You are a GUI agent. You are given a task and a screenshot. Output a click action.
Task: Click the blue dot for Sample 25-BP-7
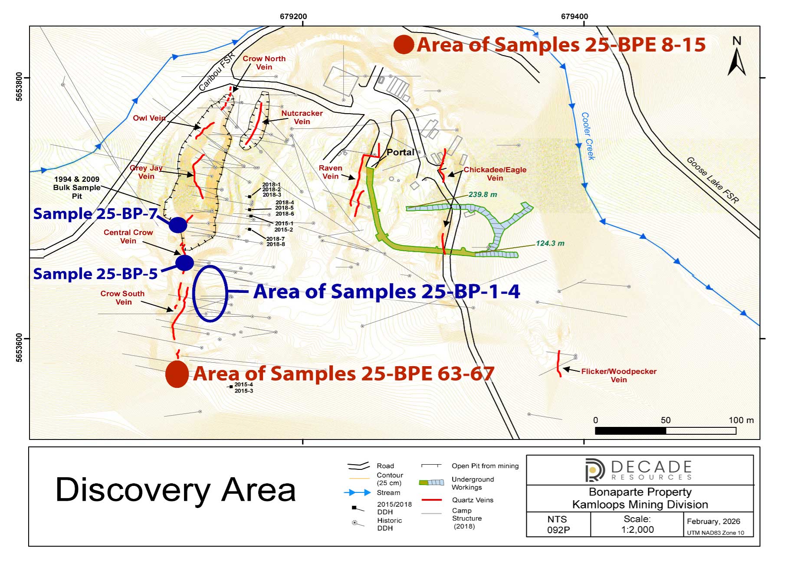click(178, 225)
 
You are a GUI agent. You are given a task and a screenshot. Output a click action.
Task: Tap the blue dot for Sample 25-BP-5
click(184, 262)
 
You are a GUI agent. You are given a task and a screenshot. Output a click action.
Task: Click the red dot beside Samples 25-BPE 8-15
click(404, 45)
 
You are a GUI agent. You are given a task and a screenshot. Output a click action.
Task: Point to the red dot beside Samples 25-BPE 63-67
click(177, 374)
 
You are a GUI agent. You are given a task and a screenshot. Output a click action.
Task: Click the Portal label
click(400, 152)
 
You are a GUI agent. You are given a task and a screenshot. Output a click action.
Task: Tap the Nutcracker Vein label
click(302, 117)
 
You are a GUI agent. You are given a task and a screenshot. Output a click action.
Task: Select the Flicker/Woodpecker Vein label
click(619, 375)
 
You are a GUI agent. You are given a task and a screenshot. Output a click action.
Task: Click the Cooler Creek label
click(588, 136)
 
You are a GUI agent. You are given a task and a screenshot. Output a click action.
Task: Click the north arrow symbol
click(736, 57)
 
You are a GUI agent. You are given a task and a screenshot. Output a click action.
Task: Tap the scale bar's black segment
click(630, 431)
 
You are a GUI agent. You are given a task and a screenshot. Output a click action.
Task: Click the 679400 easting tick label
click(575, 16)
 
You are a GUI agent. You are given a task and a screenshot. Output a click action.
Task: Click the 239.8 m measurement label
click(483, 194)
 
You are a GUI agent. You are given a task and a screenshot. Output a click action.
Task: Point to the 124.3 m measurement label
click(550, 243)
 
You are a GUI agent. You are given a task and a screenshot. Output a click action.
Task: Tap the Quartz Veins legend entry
click(473, 500)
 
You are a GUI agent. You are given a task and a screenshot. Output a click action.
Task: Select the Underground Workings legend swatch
click(431, 482)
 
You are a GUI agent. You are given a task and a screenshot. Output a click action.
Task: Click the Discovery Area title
click(176, 490)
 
